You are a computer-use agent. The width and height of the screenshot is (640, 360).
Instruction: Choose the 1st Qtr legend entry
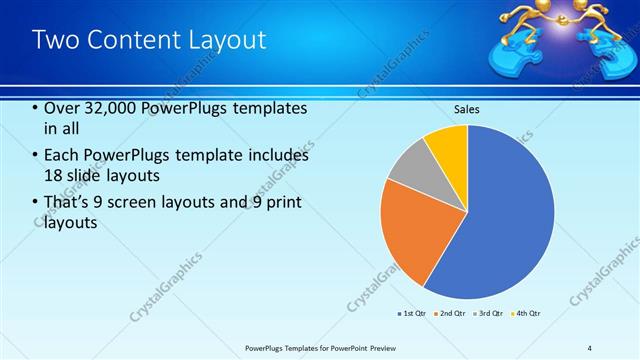[x=413, y=314]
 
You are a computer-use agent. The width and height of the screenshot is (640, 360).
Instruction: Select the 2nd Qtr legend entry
[x=451, y=314]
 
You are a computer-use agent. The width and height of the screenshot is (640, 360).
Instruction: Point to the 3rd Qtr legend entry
[x=490, y=314]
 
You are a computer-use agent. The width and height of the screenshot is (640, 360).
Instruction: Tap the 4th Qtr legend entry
[x=527, y=314]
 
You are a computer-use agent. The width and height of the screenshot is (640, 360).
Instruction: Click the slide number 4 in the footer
[x=590, y=347]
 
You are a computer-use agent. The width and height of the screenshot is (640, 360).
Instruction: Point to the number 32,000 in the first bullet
[x=106, y=108]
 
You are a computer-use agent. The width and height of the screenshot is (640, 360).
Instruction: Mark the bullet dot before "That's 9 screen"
[x=35, y=203]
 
